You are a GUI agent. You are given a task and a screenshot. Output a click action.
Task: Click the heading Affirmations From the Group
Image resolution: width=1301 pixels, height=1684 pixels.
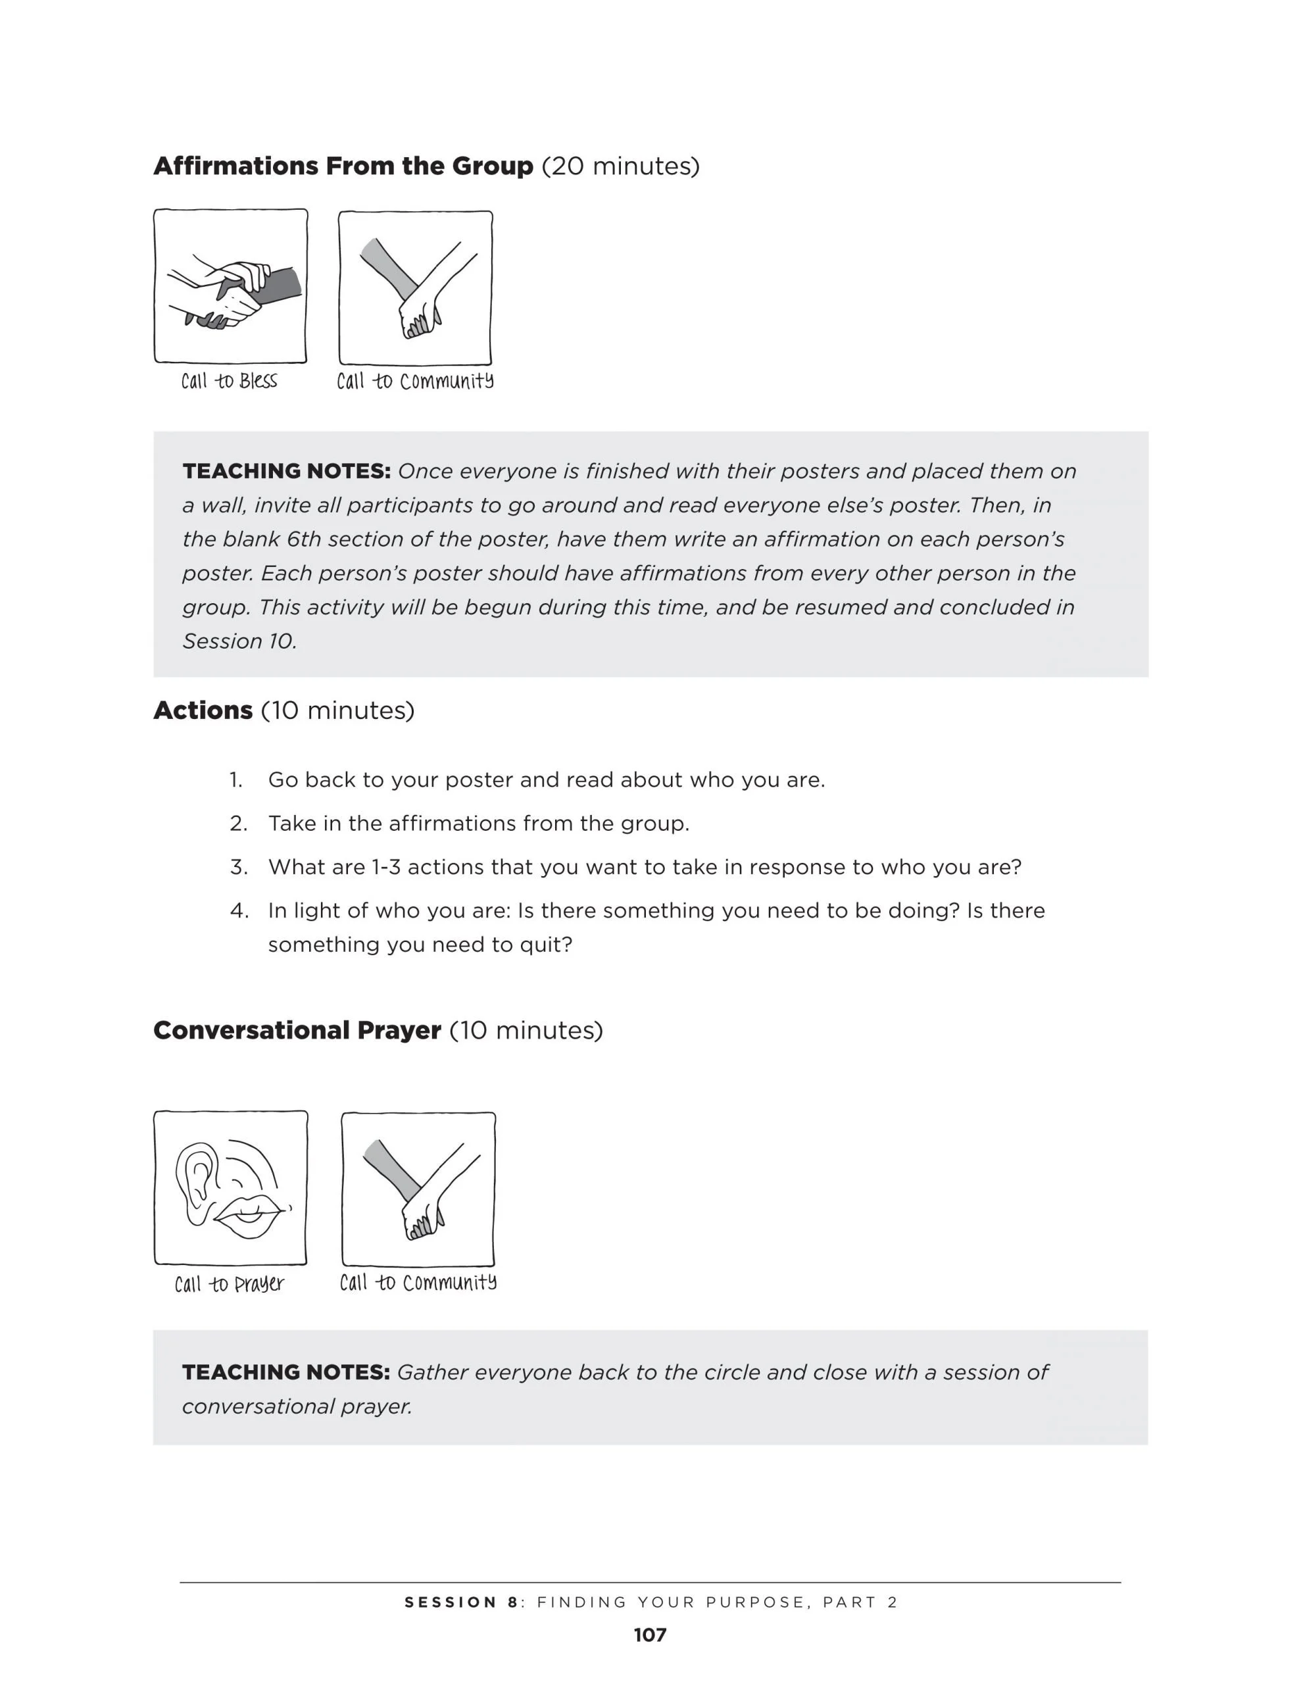[x=343, y=166]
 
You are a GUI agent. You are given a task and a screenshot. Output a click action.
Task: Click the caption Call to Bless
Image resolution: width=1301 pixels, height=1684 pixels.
[x=229, y=381]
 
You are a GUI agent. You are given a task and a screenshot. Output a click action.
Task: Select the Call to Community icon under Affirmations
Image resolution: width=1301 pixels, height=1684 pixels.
[x=415, y=287]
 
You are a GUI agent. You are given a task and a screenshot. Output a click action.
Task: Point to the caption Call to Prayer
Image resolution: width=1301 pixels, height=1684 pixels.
[x=229, y=1284]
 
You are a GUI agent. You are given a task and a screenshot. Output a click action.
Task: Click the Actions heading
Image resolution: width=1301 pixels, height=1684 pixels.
[x=203, y=710]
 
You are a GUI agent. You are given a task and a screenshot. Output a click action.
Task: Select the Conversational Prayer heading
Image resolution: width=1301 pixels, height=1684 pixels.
[x=297, y=1030]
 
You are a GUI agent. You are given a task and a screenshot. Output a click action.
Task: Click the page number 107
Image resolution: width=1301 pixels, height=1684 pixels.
[x=650, y=1635]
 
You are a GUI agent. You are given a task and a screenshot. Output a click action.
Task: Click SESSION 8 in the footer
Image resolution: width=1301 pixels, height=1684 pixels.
[x=461, y=1602]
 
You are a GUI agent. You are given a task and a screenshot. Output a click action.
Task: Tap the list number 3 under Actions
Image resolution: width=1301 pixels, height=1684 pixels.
[x=238, y=867]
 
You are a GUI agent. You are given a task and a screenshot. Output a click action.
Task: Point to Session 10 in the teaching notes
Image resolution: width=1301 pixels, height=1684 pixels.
[x=239, y=641]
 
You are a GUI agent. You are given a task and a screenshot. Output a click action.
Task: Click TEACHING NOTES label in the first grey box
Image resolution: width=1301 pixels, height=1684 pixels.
[x=286, y=471]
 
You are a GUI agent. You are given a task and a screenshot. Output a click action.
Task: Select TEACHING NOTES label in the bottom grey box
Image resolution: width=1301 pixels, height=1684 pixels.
[x=286, y=1372]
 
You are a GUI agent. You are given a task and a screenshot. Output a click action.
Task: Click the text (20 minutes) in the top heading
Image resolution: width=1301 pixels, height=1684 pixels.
[x=621, y=166]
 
